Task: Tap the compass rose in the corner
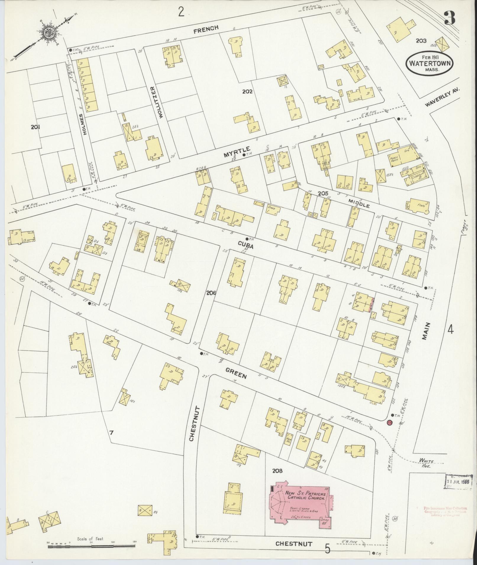point(47,33)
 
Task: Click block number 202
point(247,92)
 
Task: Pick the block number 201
point(35,127)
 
